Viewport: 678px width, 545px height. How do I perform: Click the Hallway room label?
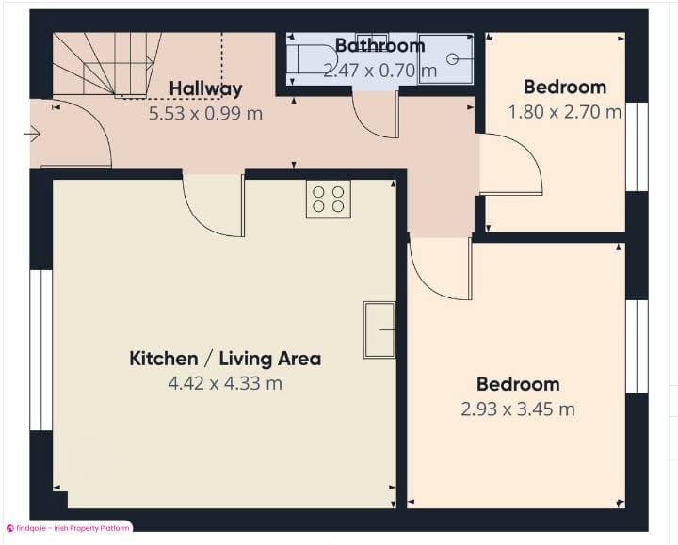pos(205,89)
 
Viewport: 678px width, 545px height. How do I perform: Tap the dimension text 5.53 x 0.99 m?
pos(205,113)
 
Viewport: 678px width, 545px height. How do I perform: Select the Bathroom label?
pos(379,46)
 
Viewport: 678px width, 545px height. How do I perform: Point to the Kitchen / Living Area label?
pos(225,359)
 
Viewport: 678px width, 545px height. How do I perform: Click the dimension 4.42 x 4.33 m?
pos(225,383)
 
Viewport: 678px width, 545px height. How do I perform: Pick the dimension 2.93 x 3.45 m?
pos(517,409)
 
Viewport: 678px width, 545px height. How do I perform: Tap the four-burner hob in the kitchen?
pos(328,199)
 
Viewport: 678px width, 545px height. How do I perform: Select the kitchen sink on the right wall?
pos(379,329)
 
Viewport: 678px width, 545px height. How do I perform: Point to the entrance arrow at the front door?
pos(33,135)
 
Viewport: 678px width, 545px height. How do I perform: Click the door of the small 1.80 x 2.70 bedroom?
pos(509,165)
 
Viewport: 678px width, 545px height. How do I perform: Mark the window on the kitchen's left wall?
pos(41,349)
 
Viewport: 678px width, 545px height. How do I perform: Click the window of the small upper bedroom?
pos(638,146)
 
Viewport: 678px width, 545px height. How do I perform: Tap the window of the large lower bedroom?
pos(638,345)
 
